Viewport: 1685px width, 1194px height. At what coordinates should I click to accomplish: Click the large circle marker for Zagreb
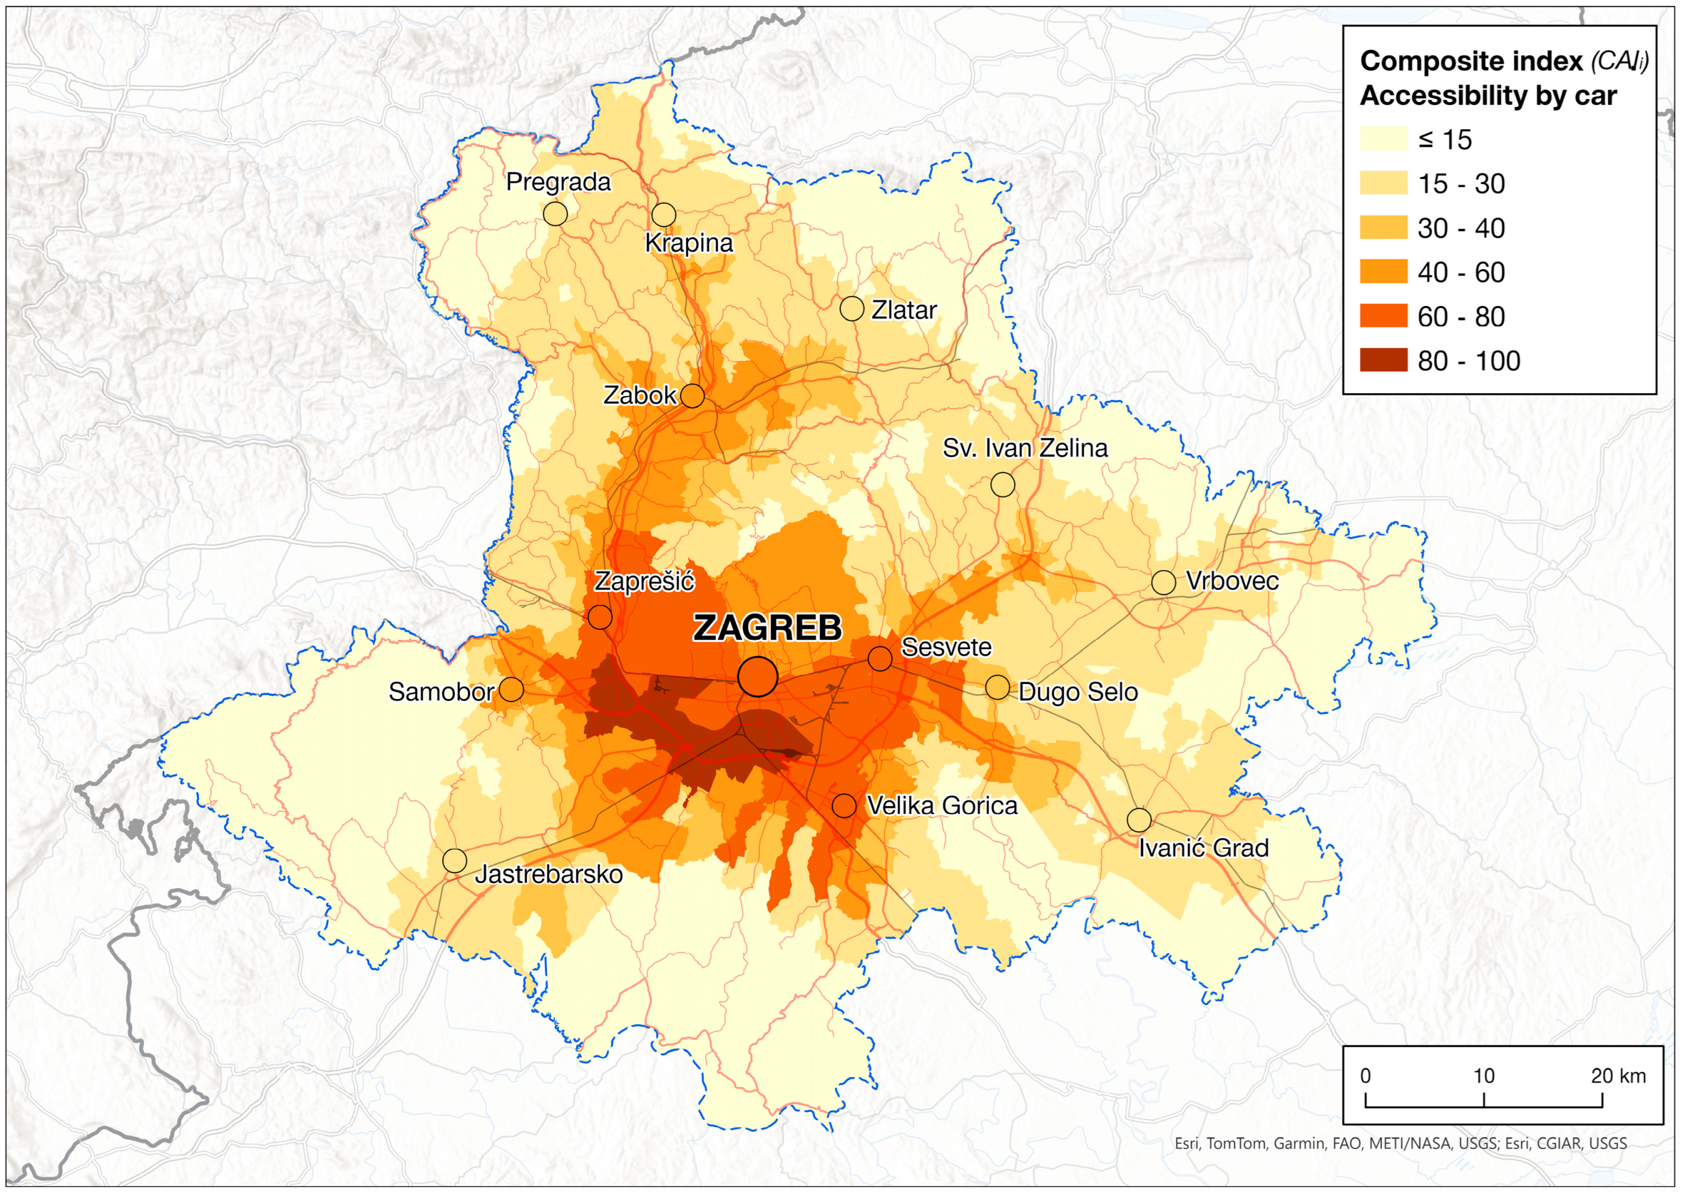758,677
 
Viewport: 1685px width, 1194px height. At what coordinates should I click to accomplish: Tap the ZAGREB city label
767,628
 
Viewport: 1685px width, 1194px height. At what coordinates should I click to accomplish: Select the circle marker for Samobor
512,690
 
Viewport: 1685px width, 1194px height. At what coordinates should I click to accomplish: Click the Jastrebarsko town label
548,874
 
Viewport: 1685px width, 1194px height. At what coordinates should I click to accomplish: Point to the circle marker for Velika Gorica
843,806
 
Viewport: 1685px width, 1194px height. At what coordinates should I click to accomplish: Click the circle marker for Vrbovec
1164,582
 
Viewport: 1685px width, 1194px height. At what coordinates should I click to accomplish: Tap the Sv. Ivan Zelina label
1024,448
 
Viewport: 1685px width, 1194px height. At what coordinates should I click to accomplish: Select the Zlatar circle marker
852,309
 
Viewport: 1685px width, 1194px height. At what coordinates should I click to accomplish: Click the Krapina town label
689,243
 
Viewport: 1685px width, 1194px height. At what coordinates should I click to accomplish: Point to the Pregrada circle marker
556,214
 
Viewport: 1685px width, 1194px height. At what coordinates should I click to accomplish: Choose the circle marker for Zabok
692,396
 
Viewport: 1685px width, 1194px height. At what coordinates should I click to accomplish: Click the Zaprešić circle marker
600,617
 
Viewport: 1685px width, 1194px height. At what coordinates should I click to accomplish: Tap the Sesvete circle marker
879,659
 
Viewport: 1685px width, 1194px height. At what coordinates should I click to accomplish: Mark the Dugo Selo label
1077,692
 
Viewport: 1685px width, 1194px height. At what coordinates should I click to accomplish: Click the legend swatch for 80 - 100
1383,360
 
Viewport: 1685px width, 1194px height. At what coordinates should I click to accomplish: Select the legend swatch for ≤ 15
1383,139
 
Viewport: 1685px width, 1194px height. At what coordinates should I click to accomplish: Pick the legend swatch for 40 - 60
1383,272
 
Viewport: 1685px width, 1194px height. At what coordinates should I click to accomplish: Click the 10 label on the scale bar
1484,1076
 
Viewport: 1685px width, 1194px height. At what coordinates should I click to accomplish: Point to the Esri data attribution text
1400,1143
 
